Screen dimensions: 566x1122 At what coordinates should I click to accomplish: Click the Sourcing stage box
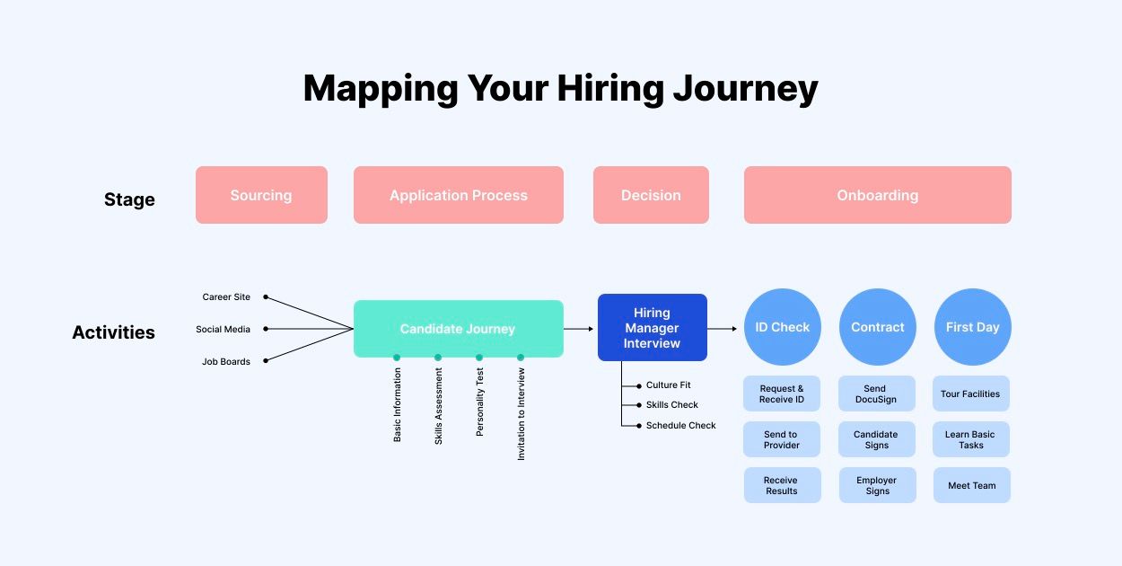tap(261, 195)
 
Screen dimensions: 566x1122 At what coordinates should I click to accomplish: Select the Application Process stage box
tap(458, 195)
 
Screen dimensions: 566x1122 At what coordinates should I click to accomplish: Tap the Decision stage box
tap(651, 195)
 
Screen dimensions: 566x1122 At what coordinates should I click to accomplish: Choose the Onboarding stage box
tap(877, 195)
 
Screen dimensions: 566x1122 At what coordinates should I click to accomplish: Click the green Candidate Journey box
tap(458, 329)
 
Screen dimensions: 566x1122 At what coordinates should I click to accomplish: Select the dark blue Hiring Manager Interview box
tap(652, 328)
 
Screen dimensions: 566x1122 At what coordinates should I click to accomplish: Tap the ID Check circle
tap(782, 327)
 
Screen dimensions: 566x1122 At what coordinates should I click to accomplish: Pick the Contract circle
tap(877, 327)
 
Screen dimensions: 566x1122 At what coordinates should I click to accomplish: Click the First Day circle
tap(972, 327)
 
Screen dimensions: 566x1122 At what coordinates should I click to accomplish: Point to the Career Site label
tap(226, 297)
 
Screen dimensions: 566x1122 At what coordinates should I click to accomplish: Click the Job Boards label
tap(226, 362)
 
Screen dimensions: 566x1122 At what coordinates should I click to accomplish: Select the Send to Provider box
tap(781, 439)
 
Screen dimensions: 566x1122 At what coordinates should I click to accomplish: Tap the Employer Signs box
tap(877, 485)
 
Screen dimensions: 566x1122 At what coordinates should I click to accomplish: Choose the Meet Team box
tap(971, 485)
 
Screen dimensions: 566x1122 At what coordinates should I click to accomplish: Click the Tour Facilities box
tap(970, 394)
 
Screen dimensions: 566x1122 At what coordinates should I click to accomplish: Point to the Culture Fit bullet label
tap(668, 385)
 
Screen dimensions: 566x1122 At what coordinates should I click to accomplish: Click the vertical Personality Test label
tap(480, 402)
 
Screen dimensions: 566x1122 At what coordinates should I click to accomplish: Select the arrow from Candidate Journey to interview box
tap(580, 329)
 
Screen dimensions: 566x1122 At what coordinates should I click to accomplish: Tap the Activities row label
tap(113, 332)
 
